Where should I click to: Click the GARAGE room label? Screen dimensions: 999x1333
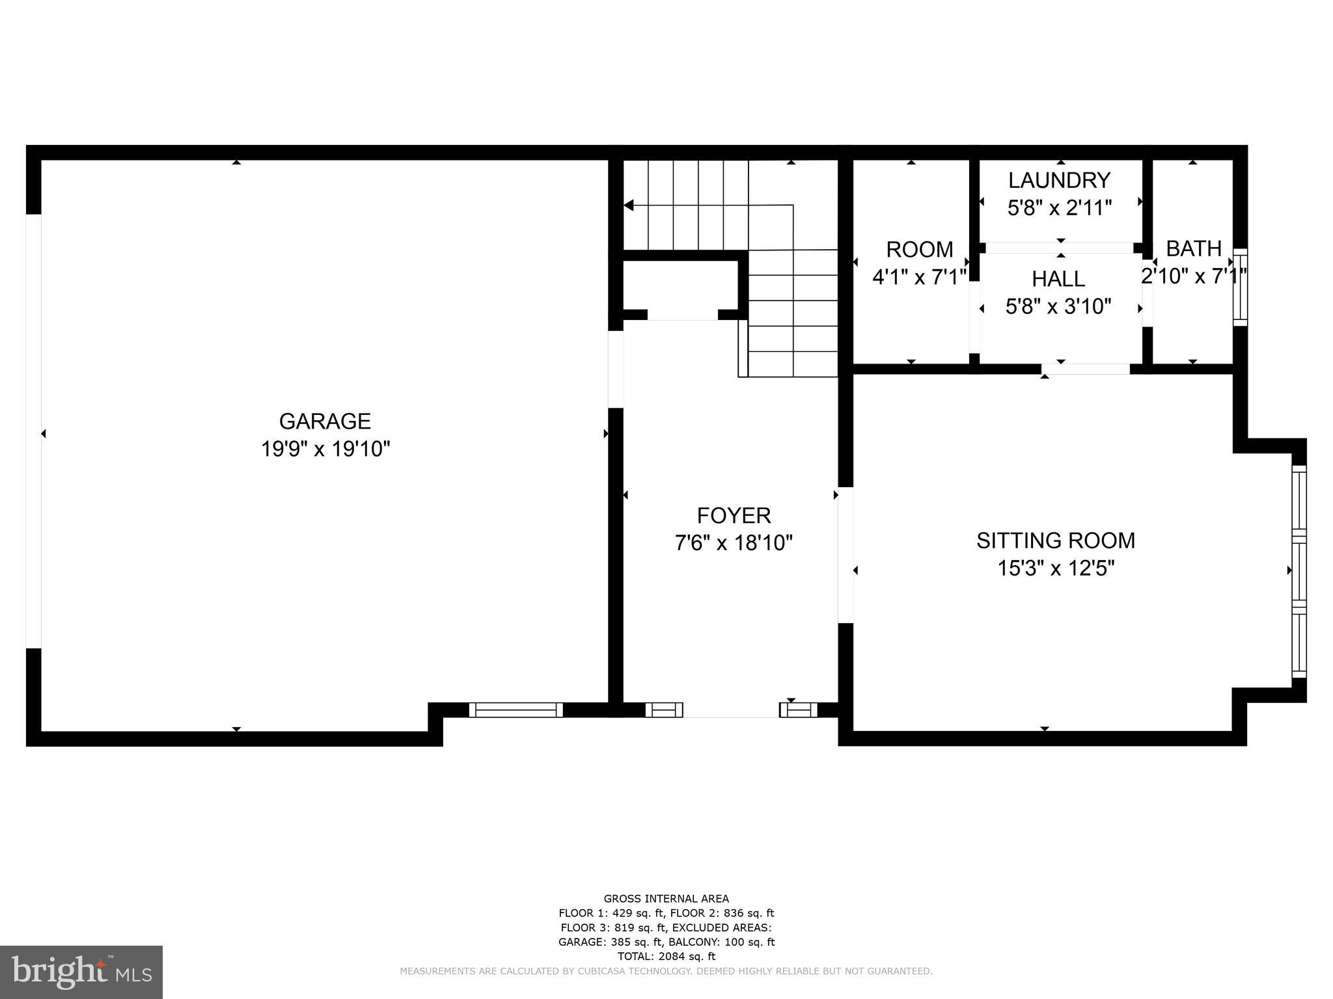(325, 421)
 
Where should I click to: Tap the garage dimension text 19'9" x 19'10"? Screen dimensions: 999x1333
(325, 449)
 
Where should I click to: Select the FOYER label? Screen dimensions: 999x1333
(734, 515)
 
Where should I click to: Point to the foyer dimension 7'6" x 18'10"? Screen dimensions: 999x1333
(734, 542)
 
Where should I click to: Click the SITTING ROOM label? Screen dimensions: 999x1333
(1055, 540)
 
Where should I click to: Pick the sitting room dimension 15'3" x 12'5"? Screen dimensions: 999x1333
(1055, 568)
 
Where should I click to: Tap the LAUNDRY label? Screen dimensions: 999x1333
(1059, 180)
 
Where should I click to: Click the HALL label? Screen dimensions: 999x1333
(1058, 279)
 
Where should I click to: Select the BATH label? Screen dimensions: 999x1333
(1193, 248)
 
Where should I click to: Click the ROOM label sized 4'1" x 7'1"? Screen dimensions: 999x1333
(919, 250)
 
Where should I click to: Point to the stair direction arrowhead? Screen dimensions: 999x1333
(629, 206)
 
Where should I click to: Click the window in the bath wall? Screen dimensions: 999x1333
(1241, 287)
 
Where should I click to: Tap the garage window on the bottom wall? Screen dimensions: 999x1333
(515, 710)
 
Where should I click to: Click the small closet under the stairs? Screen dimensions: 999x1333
(681, 286)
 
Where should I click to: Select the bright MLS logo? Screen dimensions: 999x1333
(81, 972)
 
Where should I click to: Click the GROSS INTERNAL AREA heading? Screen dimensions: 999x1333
(666, 899)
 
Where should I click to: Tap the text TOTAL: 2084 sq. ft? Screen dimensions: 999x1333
(666, 956)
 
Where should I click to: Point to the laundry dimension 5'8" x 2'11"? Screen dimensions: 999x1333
(1059, 207)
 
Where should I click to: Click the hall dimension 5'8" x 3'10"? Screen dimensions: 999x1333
(1058, 306)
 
